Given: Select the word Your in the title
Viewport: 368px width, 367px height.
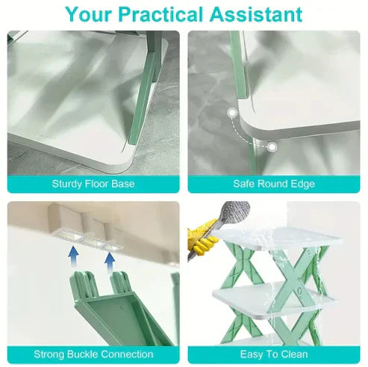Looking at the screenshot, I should (91, 13).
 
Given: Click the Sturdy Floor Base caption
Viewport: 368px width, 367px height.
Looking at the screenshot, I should (93, 183).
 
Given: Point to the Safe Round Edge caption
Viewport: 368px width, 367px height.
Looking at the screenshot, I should (273, 183).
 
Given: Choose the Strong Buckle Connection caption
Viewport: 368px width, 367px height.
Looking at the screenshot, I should (93, 354).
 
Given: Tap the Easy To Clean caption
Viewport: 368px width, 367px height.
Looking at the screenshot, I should (273, 354).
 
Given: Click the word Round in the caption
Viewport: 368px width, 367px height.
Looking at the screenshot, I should (273, 183).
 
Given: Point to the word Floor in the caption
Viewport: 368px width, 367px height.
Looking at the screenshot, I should (95, 183).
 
